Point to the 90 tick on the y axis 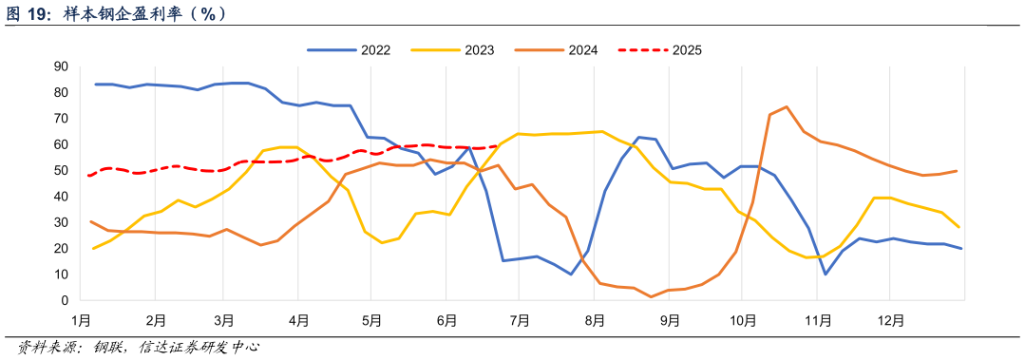(61, 66)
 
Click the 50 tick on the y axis (61, 171)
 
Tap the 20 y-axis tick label (61, 249)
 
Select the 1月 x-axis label (81, 321)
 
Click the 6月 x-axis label (446, 321)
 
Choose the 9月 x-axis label (670, 321)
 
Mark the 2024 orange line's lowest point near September (652, 297)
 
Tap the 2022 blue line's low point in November (826, 275)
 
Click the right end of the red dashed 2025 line (497, 146)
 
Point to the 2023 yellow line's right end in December (959, 227)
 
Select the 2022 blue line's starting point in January (95, 85)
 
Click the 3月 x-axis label (224, 321)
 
